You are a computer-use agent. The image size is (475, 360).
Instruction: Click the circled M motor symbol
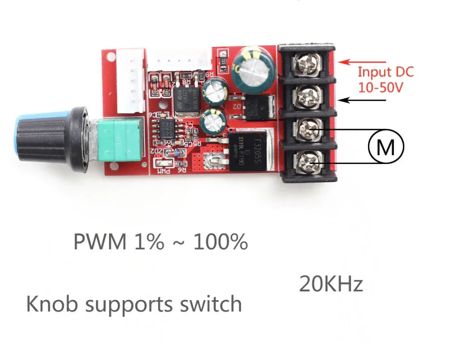point(386,146)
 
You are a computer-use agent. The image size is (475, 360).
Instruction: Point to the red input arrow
point(363,62)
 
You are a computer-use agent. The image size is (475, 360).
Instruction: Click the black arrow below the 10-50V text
point(363,100)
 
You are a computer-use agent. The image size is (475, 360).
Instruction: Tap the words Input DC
point(385,72)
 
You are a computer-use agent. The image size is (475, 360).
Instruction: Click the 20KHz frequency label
point(331,284)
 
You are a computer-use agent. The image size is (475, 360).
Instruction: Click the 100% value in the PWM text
point(220,242)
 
